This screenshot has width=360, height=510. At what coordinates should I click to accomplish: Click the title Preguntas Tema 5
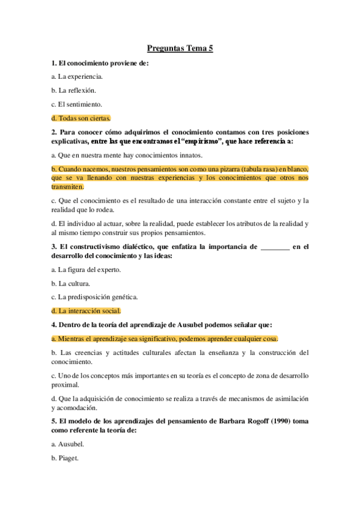pyautogui.click(x=180, y=49)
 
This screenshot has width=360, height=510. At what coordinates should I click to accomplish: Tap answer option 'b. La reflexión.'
pyautogui.click(x=75, y=90)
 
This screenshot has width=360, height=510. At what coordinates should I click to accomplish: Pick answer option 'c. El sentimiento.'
pyautogui.click(x=77, y=104)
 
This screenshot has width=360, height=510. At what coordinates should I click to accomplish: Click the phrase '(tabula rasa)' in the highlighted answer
pyautogui.click(x=255, y=169)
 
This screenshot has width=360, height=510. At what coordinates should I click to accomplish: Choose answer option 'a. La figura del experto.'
pyautogui.click(x=86, y=269)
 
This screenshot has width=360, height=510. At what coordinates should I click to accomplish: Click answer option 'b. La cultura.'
pyautogui.click(x=71, y=283)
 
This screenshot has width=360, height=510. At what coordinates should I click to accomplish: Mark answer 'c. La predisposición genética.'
pyautogui.click(x=95, y=297)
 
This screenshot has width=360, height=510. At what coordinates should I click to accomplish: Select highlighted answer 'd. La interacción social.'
pyautogui.click(x=87, y=311)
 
